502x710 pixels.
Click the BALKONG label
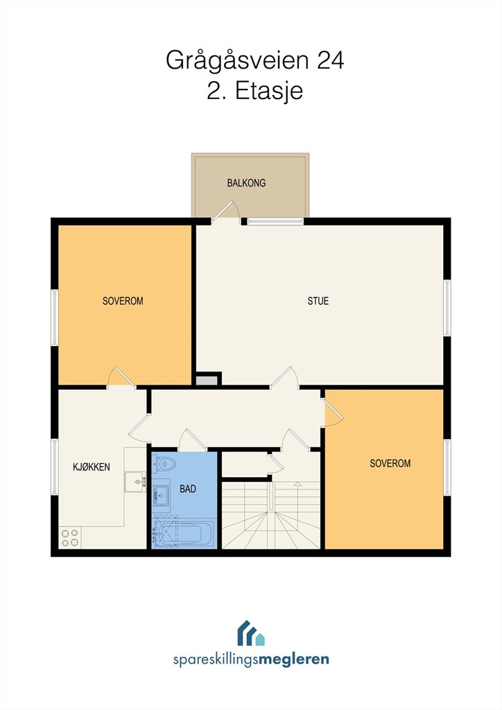246,183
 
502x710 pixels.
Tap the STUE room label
318,301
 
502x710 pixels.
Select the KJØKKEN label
92,467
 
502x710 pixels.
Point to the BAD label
188,489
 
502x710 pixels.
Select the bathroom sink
160,495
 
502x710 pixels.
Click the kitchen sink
135,482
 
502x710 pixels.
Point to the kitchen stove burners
70,537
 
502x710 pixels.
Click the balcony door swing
226,211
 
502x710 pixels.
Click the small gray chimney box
207,380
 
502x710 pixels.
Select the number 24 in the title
330,60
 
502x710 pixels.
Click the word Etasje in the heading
269,91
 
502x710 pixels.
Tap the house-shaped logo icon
251,632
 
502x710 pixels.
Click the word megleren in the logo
294,659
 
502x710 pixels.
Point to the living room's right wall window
447,307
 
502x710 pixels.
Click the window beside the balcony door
275,221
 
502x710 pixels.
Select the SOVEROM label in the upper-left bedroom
123,301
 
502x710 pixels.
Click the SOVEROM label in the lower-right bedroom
390,463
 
